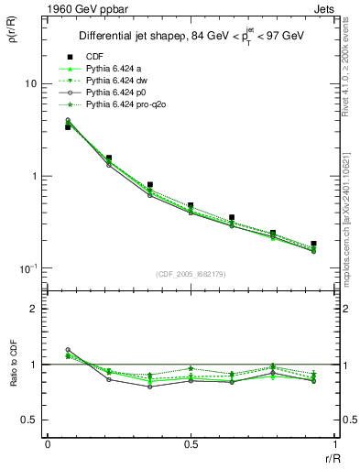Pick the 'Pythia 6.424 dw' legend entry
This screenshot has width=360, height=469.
115,81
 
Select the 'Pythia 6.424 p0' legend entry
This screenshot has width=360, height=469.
115,93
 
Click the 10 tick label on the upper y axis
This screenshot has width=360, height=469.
29,83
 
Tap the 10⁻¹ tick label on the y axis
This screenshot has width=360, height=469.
27,267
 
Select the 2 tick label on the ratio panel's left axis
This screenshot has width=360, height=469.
33,309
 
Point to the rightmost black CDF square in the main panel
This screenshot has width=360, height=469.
313,244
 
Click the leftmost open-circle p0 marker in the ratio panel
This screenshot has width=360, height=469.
68,350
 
